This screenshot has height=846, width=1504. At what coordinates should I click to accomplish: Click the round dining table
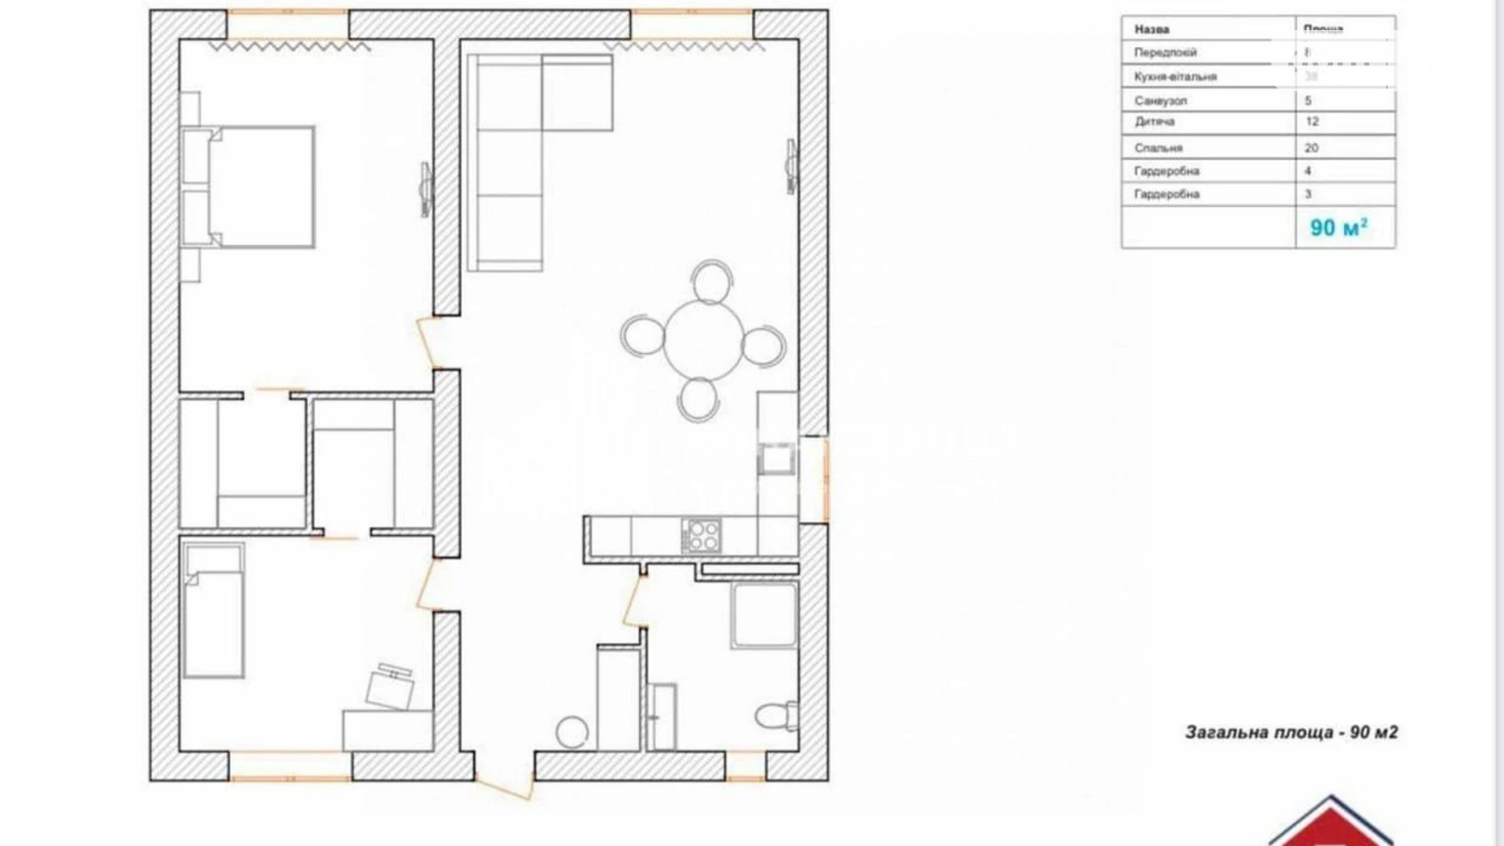point(703,340)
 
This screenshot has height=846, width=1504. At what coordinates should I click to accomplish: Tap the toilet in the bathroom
point(776,715)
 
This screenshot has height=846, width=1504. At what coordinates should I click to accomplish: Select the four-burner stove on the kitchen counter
point(701,536)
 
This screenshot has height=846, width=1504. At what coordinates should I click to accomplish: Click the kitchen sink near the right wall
point(776,460)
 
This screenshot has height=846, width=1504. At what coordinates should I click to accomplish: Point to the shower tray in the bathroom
point(763,616)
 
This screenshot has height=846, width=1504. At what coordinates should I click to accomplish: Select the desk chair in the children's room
point(390,685)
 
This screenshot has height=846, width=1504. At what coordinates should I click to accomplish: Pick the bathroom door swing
point(634,598)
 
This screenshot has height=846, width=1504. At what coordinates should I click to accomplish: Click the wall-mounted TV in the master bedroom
point(425,190)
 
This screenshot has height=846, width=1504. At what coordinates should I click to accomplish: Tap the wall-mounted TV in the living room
point(791,167)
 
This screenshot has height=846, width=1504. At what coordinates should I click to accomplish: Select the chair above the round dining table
point(712,281)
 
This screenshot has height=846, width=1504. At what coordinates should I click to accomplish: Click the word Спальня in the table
point(1158,148)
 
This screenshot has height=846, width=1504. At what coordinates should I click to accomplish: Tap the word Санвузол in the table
point(1161,101)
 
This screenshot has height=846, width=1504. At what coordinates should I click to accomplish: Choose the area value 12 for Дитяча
point(1312,122)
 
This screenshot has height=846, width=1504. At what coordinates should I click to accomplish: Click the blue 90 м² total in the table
point(1338,228)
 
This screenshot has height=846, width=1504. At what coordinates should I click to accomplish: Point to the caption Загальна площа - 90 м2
point(1291,732)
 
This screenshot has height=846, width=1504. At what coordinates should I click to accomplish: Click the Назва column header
point(1152,29)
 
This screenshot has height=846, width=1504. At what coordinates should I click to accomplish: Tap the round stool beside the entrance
point(572,731)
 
